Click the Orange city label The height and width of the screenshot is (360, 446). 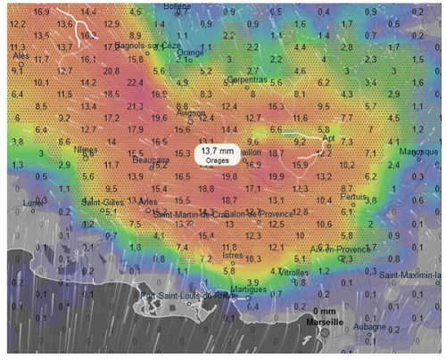tap(190, 53)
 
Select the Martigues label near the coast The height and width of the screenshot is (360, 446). tap(247, 289)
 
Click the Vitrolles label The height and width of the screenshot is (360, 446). tap(294, 273)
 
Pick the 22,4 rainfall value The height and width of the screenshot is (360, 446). tap(136, 82)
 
